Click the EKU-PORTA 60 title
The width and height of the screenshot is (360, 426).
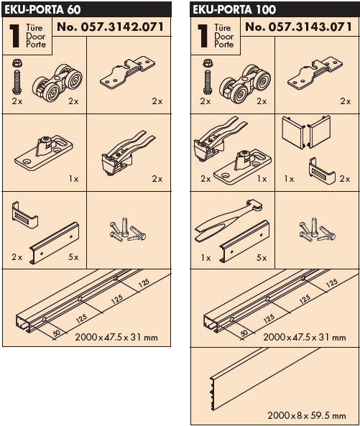click(42, 9)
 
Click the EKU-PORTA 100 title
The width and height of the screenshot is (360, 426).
click(234, 9)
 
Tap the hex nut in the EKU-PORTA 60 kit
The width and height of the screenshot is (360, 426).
click(17, 64)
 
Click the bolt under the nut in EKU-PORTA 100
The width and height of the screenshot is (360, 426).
click(208, 83)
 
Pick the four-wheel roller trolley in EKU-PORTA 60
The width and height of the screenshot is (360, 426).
click(57, 83)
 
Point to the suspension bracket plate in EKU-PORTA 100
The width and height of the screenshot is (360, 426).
click(315, 73)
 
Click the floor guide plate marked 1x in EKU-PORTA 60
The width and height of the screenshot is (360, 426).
click(43, 152)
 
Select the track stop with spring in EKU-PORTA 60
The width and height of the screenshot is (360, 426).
click(128, 153)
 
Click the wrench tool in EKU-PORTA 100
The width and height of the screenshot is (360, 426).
click(229, 221)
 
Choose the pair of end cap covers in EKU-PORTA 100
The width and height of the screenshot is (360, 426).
click(306, 131)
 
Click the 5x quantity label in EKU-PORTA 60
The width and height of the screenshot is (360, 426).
click(73, 256)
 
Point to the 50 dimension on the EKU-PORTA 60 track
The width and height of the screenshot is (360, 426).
click(57, 333)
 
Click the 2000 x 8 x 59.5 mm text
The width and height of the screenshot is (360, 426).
click(307, 415)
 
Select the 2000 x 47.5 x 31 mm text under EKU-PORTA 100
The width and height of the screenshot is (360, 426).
click(305, 338)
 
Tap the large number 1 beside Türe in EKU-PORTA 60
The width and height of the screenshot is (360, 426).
click(14, 36)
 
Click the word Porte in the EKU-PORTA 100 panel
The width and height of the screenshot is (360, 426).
click(224, 45)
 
